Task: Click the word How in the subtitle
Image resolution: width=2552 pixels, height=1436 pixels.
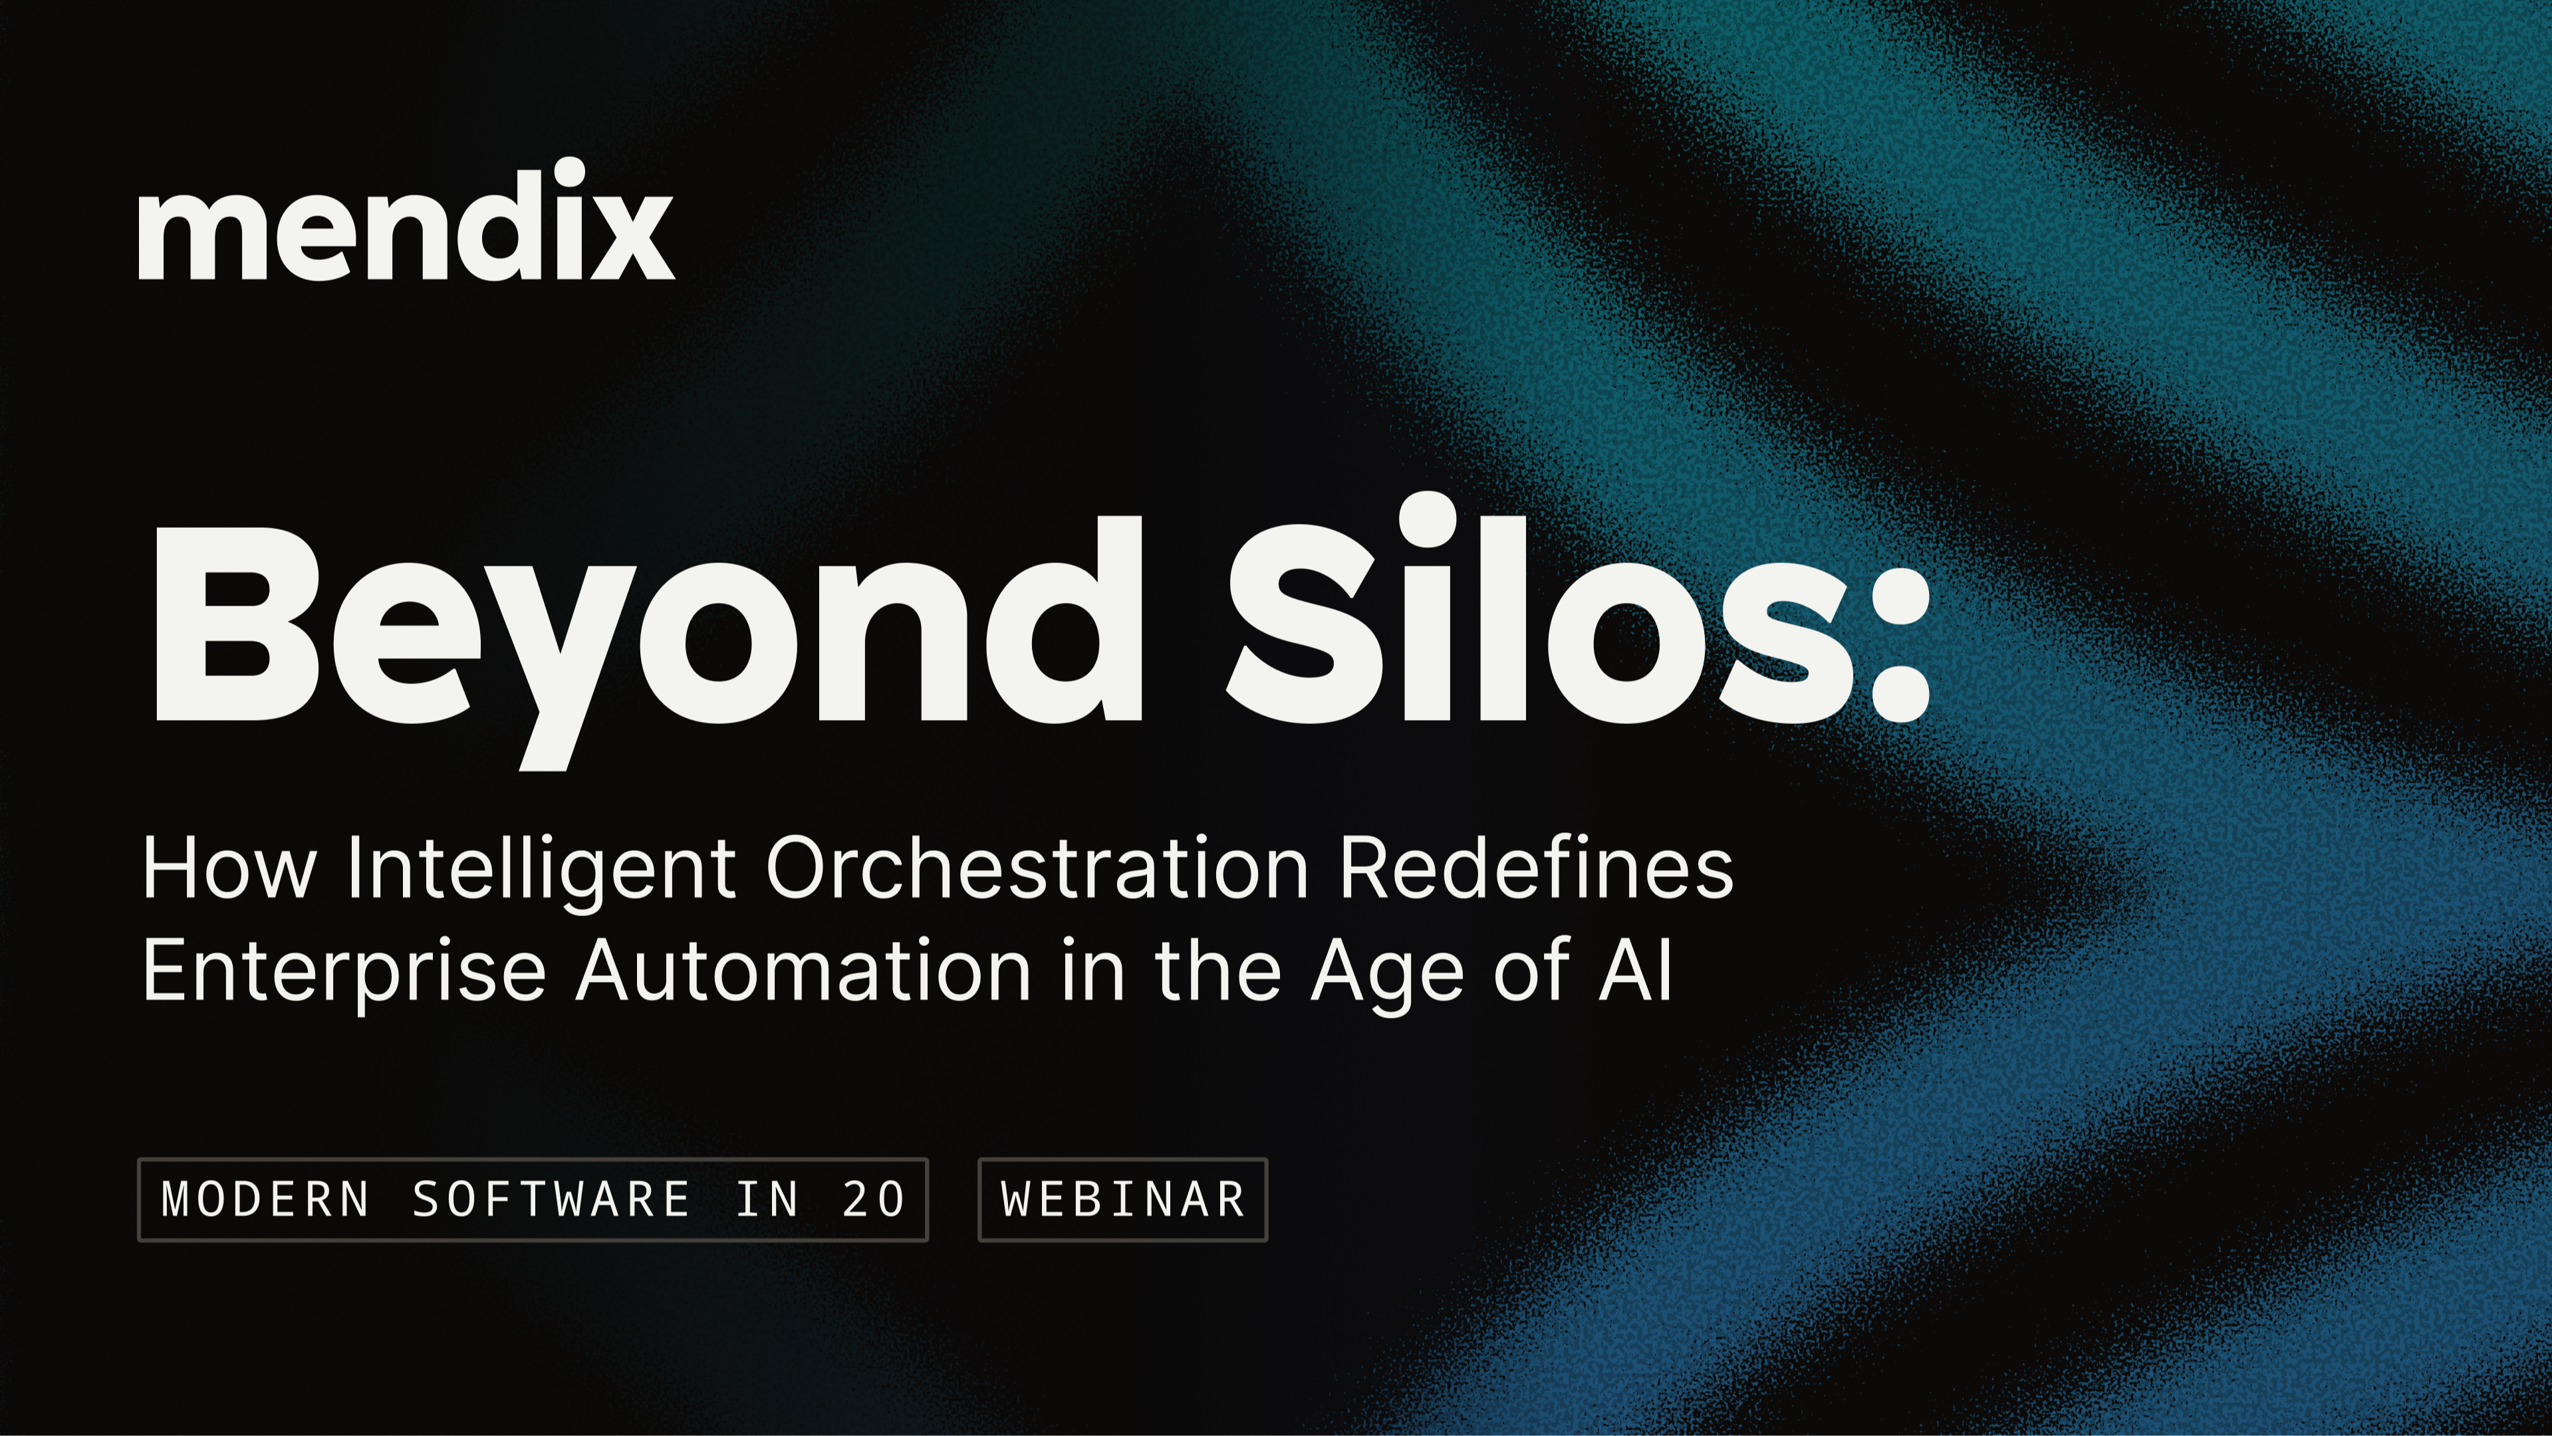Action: point(229,868)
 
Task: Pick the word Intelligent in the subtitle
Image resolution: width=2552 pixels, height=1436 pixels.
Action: point(541,872)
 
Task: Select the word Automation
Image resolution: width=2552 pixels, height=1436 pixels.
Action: point(803,971)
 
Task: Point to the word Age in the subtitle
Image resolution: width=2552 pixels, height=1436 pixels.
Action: point(1388,975)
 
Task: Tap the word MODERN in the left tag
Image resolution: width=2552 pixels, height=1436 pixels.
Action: point(265,1199)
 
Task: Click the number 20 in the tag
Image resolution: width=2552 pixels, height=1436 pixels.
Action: point(873,1199)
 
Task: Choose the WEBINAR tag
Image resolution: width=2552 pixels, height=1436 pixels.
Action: point(1122,1199)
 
